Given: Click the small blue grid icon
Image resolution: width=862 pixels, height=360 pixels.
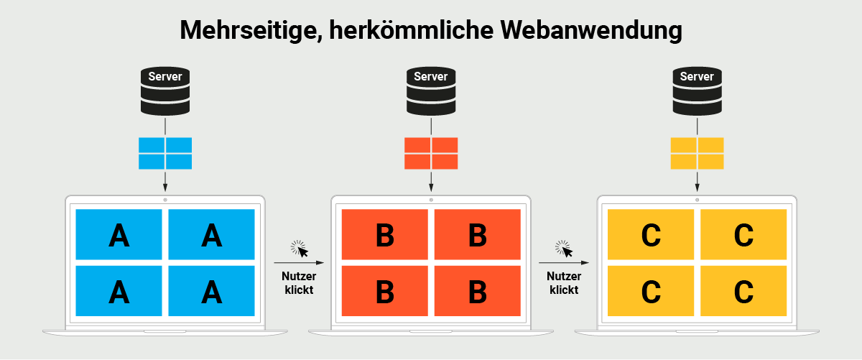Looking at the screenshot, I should point(165,153).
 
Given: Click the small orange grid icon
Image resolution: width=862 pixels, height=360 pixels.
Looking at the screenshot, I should point(431,153).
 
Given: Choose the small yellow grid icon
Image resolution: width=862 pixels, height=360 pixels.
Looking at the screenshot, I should point(697,153).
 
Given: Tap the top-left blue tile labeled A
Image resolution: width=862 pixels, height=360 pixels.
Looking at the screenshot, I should point(119,234).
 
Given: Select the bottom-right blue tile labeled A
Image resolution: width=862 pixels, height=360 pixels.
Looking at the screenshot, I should point(212,291).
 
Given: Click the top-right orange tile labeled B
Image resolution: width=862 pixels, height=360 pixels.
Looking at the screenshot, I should point(478,234).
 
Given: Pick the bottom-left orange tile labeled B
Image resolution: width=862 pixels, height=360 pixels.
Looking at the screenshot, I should point(385,291).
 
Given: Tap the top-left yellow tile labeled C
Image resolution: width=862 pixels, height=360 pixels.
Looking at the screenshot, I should point(651,234).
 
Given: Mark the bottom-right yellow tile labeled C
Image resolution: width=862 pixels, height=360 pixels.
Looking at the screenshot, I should point(743,291).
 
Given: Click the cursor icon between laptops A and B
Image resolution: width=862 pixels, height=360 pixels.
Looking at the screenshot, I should point(300,249).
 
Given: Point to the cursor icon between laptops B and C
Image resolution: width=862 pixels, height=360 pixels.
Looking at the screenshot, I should point(565,249).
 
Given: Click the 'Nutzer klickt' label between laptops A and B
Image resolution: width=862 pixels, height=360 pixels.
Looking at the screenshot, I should point(299,283).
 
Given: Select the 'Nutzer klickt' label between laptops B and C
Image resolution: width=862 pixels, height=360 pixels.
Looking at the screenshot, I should point(565,283).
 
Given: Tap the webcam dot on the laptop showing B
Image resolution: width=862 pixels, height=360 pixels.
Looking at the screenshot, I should point(431,199).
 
